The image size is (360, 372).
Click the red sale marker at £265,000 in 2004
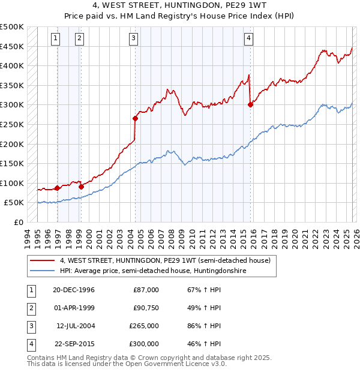(135, 118)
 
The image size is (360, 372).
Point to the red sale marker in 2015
(250, 104)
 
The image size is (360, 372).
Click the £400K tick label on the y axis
(12, 66)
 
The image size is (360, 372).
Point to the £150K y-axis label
(12, 163)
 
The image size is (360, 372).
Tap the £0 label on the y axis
(18, 222)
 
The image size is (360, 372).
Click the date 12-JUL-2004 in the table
(75, 326)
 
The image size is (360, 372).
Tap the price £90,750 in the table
(146, 308)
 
